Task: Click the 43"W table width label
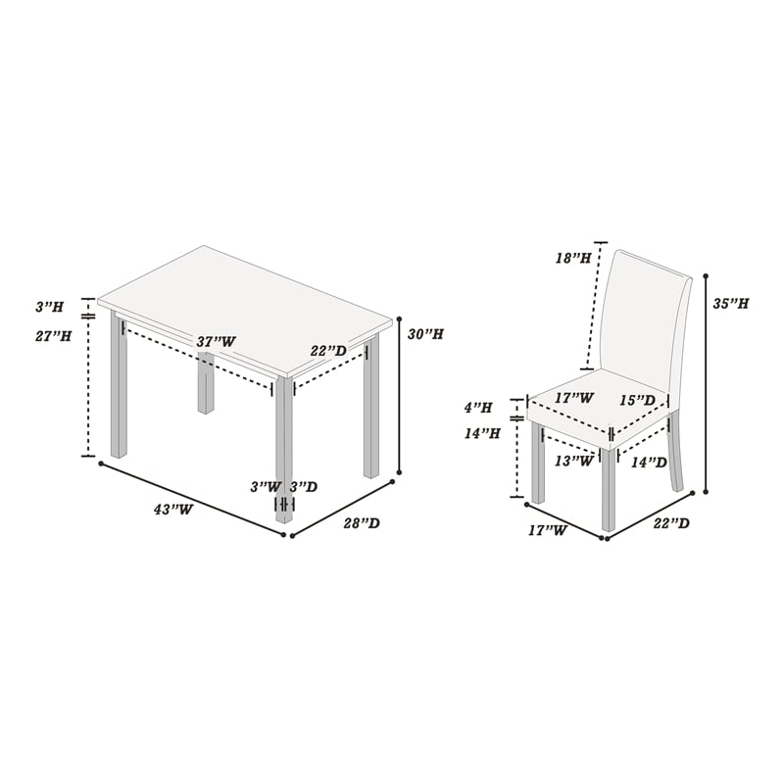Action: tap(173, 510)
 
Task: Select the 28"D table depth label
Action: tap(362, 523)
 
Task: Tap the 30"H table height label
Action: tap(425, 334)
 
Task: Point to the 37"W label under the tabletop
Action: tap(216, 342)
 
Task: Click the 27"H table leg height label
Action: tap(53, 336)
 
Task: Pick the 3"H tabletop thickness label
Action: tap(49, 307)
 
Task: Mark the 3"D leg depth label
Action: tap(304, 486)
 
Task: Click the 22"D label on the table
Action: tap(328, 351)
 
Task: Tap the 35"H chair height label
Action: tap(730, 304)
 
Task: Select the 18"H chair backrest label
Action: tap(573, 258)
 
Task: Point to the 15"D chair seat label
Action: tap(638, 401)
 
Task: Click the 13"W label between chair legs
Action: tap(574, 461)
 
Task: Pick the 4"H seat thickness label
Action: tap(478, 408)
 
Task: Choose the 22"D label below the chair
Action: tap(671, 523)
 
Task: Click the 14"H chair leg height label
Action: tap(482, 433)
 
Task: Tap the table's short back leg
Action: tap(206, 382)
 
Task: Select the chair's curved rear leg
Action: tap(675, 453)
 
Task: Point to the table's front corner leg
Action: tap(284, 450)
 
